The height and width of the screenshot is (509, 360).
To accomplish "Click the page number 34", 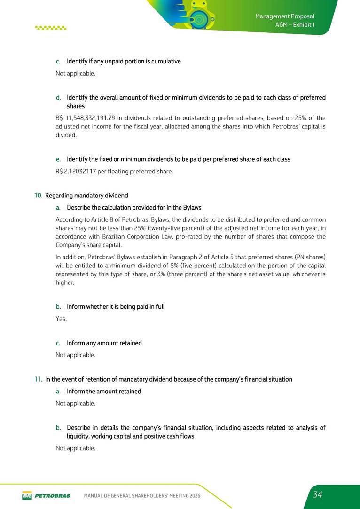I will pyautogui.click(x=318, y=494).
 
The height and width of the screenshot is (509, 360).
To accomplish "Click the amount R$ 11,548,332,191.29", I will pyautogui.click(x=87, y=117).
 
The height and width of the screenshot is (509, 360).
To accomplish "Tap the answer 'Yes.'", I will pyautogui.click(x=61, y=319).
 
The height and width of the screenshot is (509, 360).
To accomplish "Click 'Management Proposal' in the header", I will pyautogui.click(x=284, y=16).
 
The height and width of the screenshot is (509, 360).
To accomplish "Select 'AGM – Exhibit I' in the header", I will pyautogui.click(x=294, y=25).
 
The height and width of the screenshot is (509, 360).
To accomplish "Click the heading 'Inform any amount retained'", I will pyautogui.click(x=104, y=343).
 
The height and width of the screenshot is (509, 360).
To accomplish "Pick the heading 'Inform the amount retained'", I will pyautogui.click(x=104, y=392).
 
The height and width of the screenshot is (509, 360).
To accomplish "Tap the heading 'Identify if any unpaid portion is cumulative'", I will pyautogui.click(x=124, y=62).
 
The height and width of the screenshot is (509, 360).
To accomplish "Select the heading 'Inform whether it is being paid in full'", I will pyautogui.click(x=116, y=307).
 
